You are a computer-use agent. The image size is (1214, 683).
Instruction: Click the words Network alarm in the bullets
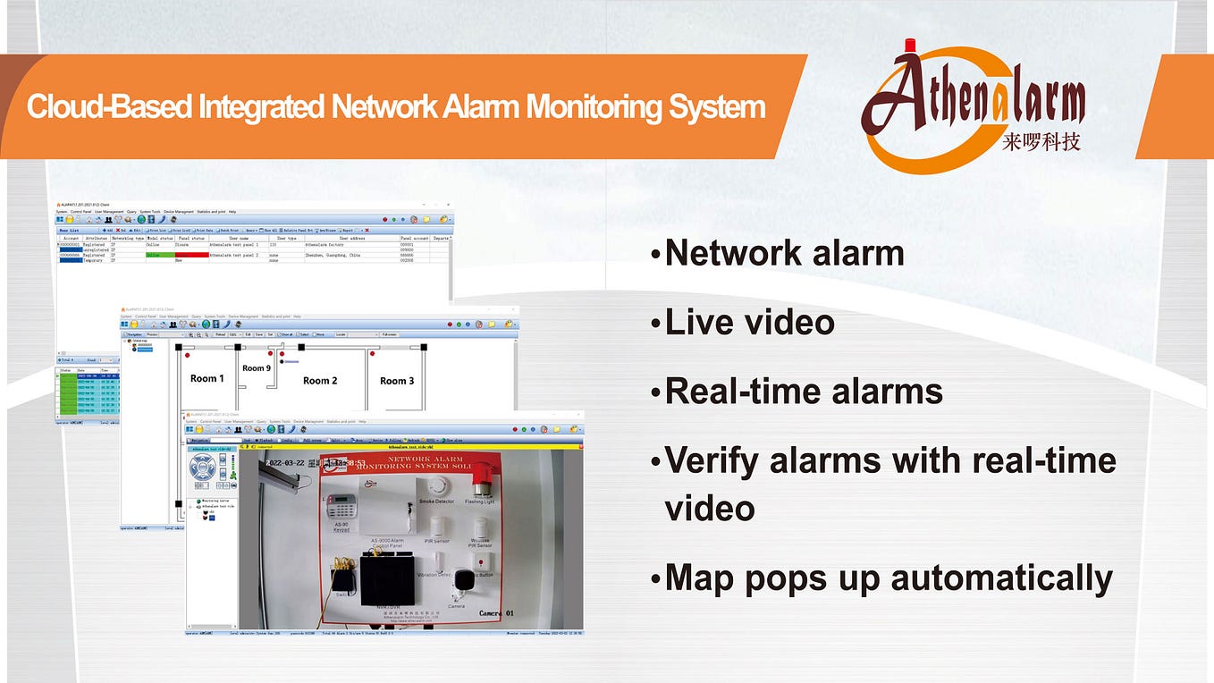click(784, 253)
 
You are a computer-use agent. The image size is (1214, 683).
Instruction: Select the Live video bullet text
click(749, 322)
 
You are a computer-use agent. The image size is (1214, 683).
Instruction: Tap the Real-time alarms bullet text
click(804, 392)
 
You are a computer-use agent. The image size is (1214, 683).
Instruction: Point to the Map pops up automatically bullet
click(889, 578)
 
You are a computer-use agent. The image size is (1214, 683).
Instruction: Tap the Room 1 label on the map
click(207, 378)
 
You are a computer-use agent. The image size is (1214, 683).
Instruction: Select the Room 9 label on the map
click(256, 368)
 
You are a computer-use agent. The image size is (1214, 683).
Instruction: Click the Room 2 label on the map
click(320, 381)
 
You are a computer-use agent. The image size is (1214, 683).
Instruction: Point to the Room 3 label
click(397, 381)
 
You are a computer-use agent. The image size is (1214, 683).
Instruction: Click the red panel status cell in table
click(191, 255)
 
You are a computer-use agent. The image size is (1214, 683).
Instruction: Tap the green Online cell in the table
click(160, 255)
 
